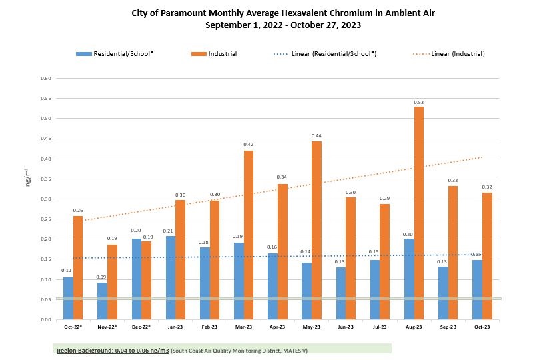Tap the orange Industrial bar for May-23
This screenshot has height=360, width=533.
pyautogui.click(x=316, y=231)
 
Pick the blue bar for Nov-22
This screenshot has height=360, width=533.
pyautogui.click(x=102, y=301)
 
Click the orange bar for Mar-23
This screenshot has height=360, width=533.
pyautogui.click(x=248, y=235)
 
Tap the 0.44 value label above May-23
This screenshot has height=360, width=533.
pyautogui.click(x=316, y=137)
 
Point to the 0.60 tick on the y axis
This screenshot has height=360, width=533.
pyautogui.click(x=46, y=78)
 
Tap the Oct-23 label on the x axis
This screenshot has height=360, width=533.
pyautogui.click(x=482, y=328)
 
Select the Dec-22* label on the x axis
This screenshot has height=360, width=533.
pyautogui.click(x=142, y=328)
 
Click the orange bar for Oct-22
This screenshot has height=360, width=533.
pyautogui.click(x=78, y=267)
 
